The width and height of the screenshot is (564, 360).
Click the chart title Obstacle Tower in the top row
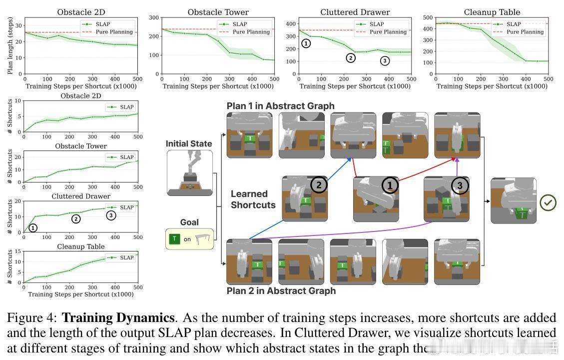click(218, 12)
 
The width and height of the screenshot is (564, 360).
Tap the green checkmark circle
click(549, 202)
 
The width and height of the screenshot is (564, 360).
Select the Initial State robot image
click(189, 172)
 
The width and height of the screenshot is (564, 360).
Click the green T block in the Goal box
click(174, 239)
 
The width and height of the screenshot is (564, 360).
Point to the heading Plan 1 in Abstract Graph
click(280, 106)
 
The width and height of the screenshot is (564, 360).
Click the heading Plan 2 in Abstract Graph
click(281, 290)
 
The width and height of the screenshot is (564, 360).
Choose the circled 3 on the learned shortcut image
click(460, 185)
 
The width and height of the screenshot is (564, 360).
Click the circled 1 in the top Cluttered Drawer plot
click(306, 43)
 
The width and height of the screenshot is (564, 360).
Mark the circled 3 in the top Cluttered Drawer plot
click(384, 61)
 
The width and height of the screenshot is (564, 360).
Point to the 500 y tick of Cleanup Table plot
click(428, 17)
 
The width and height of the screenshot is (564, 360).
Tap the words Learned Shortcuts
click(253, 199)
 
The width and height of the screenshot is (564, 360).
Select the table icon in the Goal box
click(202, 239)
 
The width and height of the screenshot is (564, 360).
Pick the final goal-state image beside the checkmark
click(513, 200)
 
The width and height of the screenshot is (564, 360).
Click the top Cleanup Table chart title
click(492, 12)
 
